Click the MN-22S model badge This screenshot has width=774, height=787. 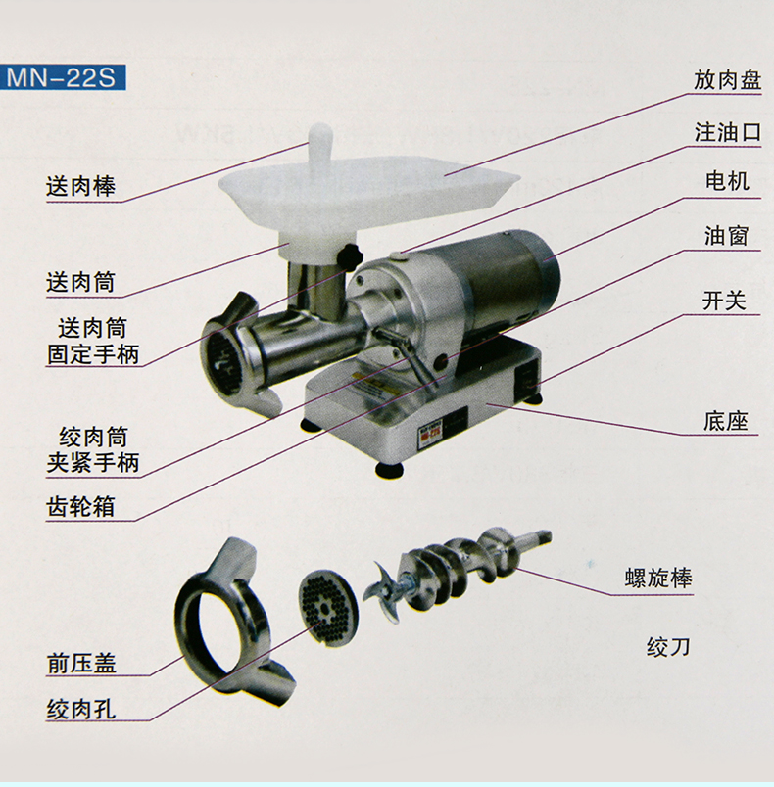click(x=63, y=77)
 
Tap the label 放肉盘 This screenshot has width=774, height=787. click(x=727, y=80)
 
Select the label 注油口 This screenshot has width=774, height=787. click(x=728, y=133)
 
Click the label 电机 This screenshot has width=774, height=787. click(x=728, y=181)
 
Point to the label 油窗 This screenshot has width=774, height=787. click(x=727, y=236)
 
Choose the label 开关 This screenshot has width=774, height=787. click(x=724, y=301)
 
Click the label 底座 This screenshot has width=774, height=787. click(x=726, y=421)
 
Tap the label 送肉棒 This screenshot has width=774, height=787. click(x=81, y=186)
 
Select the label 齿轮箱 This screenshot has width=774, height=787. click(x=81, y=506)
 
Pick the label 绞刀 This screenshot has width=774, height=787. click(x=668, y=647)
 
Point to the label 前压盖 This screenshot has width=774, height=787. click(x=81, y=663)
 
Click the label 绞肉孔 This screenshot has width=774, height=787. click(x=81, y=710)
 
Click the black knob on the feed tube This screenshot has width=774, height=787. click(x=350, y=257)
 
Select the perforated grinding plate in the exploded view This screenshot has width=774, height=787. click(x=328, y=607)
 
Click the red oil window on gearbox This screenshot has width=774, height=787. click(x=442, y=360)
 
